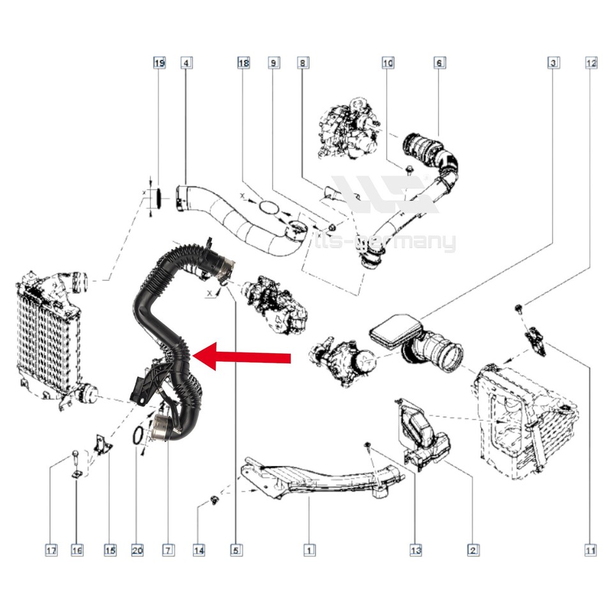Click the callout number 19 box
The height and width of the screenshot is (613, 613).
[159, 63]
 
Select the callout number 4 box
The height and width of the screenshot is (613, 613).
[186, 63]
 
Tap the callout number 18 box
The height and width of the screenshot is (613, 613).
[243, 63]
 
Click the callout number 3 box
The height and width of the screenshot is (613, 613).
[553, 63]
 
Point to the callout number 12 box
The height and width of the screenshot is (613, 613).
[591, 63]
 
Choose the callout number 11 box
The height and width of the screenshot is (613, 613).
[591, 550]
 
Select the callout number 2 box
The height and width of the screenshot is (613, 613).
[473, 550]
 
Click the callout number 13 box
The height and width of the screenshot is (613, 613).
[416, 550]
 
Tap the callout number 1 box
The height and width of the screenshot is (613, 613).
[309, 550]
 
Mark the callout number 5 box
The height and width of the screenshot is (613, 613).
[236, 550]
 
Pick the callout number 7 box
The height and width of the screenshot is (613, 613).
[168, 550]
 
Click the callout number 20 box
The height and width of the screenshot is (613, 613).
[137, 550]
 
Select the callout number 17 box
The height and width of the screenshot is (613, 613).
[51, 550]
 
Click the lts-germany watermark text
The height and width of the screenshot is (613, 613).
[386, 243]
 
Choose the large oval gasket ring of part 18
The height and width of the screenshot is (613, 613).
[269, 207]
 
